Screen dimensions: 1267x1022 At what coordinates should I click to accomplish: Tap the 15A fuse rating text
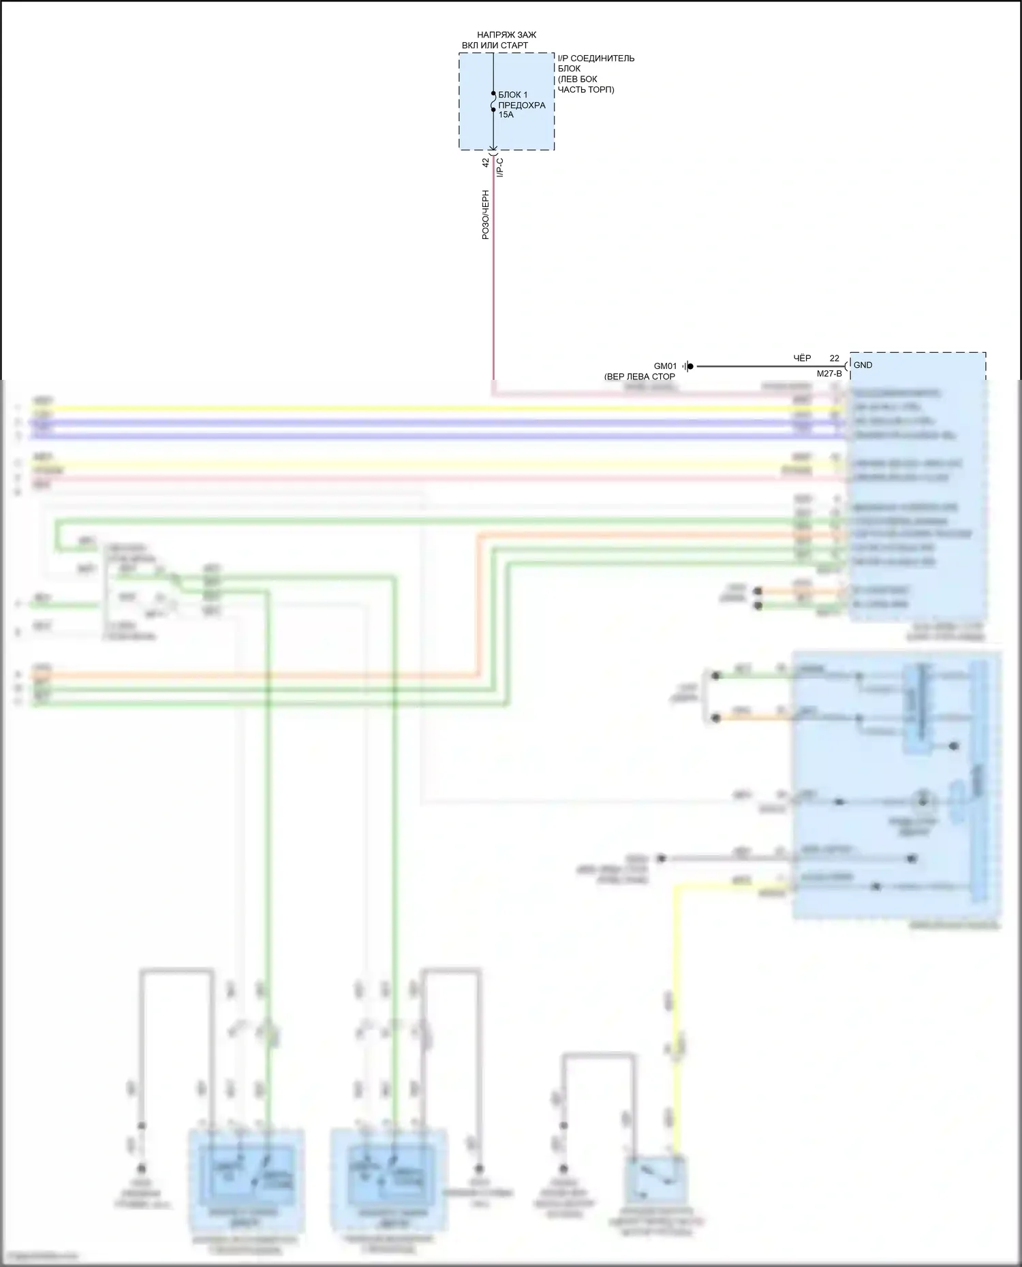coord(506,115)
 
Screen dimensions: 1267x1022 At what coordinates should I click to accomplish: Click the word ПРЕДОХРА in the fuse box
coord(522,106)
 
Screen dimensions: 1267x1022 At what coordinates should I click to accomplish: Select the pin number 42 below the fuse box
coord(486,163)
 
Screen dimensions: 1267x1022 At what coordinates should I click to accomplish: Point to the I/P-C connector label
coord(500,167)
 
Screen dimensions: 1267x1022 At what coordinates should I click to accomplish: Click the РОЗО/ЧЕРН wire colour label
coord(486,214)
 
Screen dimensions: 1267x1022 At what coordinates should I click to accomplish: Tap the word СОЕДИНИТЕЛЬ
coord(602,59)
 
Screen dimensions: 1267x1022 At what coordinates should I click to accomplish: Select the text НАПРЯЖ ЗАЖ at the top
coord(506,35)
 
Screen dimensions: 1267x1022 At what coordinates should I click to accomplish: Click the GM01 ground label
coord(665,366)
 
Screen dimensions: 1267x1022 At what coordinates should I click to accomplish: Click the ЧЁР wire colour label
coord(802,358)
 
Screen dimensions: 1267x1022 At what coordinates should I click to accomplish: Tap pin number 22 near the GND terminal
coord(834,358)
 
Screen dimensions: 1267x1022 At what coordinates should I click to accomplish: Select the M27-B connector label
coord(829,374)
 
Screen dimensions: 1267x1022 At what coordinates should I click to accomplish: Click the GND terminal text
coord(863,365)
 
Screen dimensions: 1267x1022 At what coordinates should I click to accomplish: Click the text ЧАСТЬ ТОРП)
coord(586,89)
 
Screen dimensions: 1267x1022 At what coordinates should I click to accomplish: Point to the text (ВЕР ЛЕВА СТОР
coord(639,376)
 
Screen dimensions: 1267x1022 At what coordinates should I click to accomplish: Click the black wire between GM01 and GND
coord(749,366)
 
